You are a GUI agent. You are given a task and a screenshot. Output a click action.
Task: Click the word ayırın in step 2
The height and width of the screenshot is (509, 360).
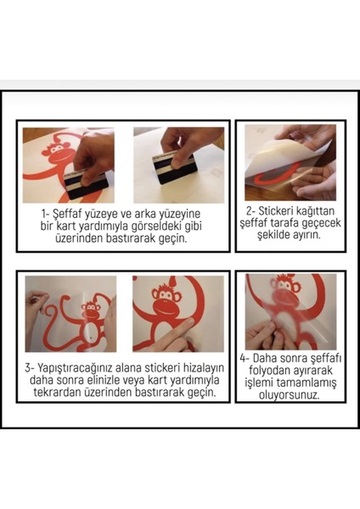(307, 235)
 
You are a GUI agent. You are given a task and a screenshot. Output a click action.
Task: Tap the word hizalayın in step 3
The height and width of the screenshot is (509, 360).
(204, 368)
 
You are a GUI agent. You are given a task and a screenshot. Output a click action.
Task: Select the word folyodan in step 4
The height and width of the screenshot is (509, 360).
(270, 370)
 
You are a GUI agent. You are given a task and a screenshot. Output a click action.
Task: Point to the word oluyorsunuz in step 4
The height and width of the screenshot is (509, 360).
(290, 394)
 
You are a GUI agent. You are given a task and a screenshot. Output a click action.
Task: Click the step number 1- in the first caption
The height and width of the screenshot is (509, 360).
(45, 215)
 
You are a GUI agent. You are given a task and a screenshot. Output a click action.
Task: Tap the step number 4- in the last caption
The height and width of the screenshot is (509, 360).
(245, 358)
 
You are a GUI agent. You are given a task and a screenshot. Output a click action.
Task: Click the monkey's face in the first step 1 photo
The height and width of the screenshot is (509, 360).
(57, 149)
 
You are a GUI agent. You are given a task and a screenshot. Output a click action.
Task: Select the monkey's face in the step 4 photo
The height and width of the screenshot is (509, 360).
(285, 285)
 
